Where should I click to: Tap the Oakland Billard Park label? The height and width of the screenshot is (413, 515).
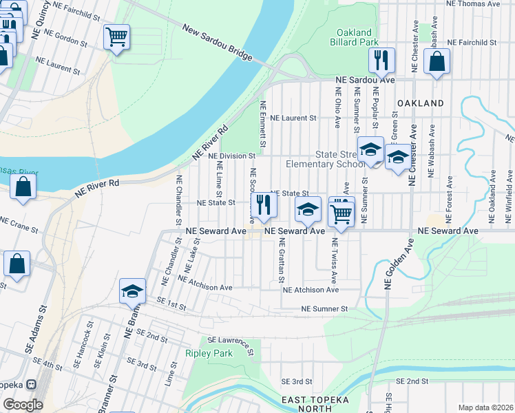tap(355, 37)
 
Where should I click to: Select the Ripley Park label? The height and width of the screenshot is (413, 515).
tap(209, 353)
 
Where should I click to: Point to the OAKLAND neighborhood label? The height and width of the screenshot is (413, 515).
tap(420, 103)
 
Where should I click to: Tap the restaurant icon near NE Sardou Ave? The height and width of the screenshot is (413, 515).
tap(381, 61)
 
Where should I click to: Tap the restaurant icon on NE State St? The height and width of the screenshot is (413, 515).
tap(264, 204)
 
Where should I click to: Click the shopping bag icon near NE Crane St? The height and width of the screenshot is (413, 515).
tap(23, 187)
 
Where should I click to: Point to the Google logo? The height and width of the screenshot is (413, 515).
tap(23, 405)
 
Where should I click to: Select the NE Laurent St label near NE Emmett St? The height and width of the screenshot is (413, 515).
tap(293, 118)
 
